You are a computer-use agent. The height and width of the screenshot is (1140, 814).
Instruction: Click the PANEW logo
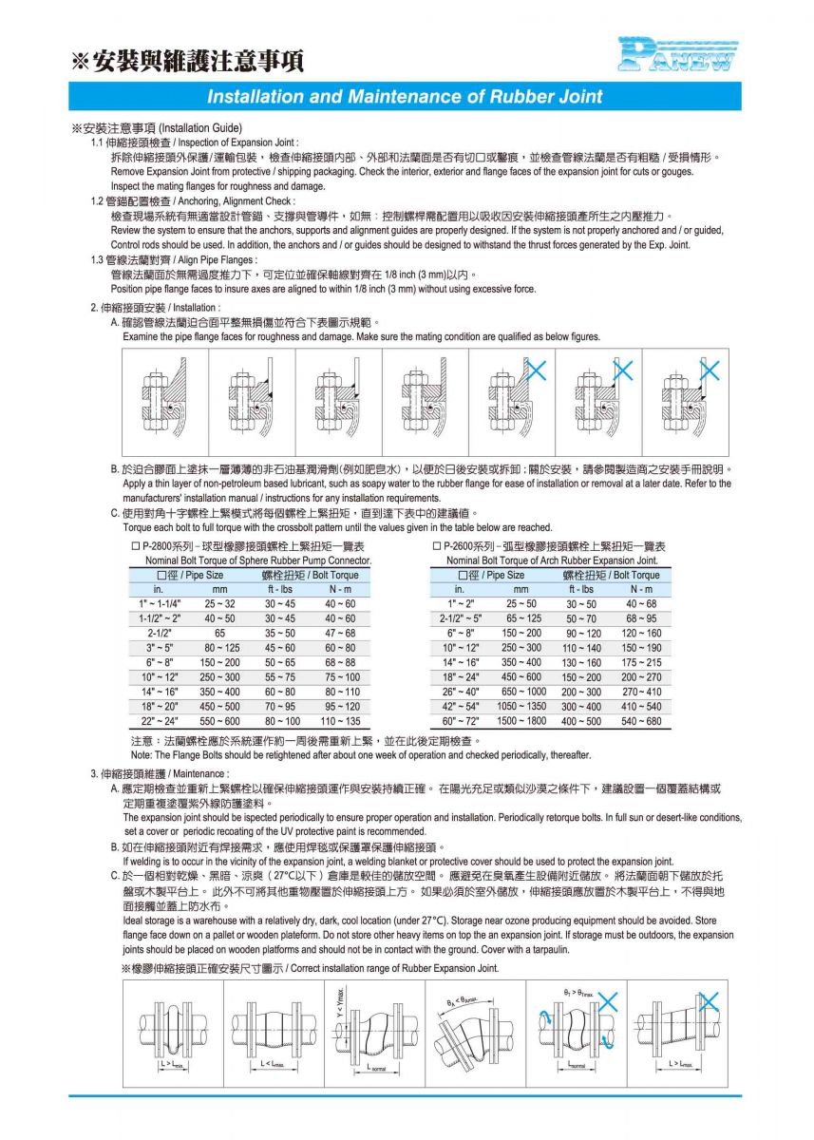click(676, 54)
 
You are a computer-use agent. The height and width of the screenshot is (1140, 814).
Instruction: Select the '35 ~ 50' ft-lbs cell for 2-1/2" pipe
click(279, 632)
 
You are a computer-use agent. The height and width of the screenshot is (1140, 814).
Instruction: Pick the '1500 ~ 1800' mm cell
click(521, 721)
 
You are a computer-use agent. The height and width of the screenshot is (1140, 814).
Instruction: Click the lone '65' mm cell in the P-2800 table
click(219, 632)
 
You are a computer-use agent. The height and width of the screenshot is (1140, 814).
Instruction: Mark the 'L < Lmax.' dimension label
click(272, 1065)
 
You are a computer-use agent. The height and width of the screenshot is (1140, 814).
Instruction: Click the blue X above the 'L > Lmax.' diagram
click(707, 1000)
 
